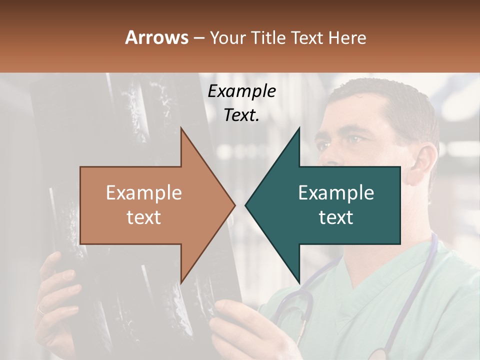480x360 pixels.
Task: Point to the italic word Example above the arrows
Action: (241, 91)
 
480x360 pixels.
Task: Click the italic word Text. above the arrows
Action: (241, 115)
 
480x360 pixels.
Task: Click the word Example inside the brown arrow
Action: (144, 193)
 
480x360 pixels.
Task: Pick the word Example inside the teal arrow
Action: (336, 193)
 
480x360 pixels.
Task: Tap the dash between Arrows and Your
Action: (198, 38)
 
